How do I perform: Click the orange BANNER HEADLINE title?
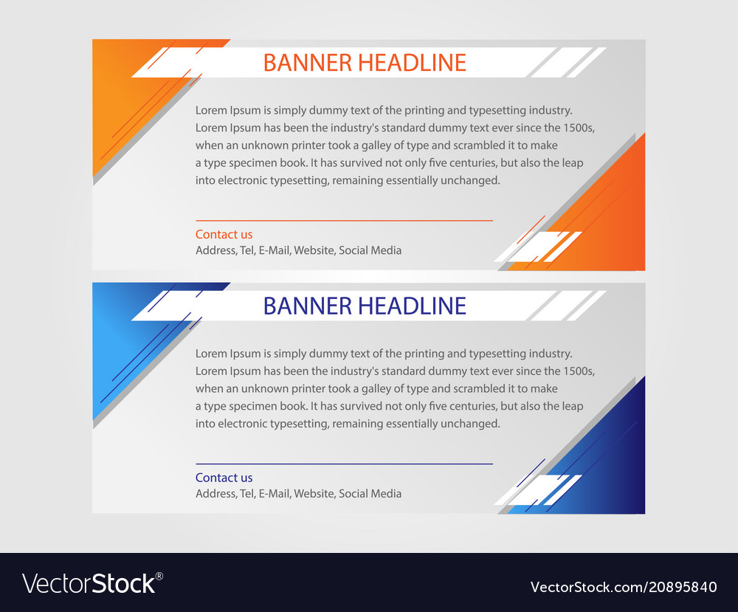pos(365,63)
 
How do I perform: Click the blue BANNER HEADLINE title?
pos(365,306)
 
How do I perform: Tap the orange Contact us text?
pos(224,235)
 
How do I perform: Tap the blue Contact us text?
pos(224,478)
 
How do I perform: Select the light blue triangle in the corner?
pos(122,340)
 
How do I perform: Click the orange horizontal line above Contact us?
pos(344,220)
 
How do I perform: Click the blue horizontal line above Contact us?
pos(344,464)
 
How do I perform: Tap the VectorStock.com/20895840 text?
pos(624,588)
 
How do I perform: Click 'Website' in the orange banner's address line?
pos(314,250)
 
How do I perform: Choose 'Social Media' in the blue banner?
pos(370,494)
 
